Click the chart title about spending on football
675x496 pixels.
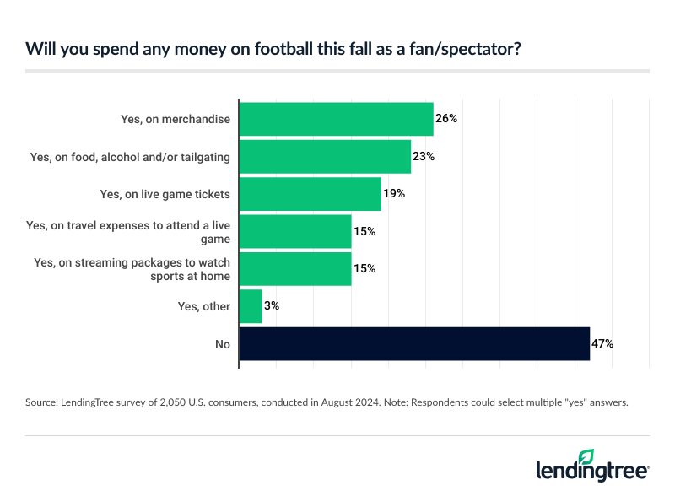(x=273, y=48)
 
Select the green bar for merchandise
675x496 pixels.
(x=336, y=119)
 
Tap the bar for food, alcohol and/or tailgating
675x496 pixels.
(x=325, y=156)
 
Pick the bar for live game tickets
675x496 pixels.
(x=310, y=194)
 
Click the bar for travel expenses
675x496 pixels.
(x=295, y=231)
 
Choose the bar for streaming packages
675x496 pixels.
(x=295, y=268)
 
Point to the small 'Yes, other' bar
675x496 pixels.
(x=251, y=306)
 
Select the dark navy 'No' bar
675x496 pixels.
(x=414, y=343)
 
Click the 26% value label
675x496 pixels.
(x=446, y=119)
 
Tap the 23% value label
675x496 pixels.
(x=424, y=156)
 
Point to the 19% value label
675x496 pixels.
(x=394, y=194)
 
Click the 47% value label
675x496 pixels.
(x=602, y=343)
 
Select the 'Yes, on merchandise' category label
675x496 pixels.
(x=175, y=119)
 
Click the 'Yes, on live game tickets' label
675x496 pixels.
(x=165, y=194)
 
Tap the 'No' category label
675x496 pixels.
(x=222, y=343)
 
